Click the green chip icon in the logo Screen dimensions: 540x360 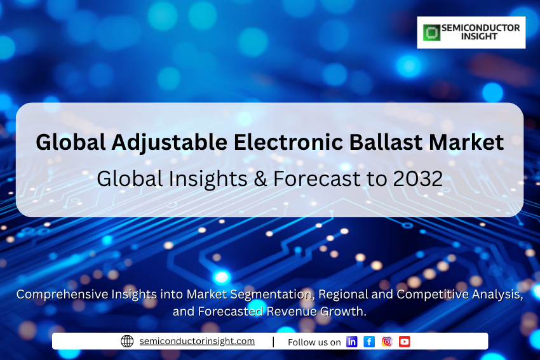point(431,32)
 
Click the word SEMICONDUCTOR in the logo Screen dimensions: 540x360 point(481,28)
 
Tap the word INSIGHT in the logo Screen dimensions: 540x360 point(479,36)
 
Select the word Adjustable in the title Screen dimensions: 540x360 point(169,143)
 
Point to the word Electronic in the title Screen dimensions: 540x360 point(288,142)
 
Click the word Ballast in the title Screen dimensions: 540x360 point(386,142)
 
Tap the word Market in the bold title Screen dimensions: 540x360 point(466,142)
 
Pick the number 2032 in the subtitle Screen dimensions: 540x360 point(418,178)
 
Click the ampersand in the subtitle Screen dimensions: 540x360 point(260,179)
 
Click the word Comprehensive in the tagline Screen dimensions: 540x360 point(62,295)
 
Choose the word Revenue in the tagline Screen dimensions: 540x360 point(292,311)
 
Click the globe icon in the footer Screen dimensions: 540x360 point(127,341)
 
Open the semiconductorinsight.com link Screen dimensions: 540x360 point(197,341)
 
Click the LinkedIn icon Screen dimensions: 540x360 point(351,342)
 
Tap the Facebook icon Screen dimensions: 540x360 point(369,342)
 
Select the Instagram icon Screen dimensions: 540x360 point(387,342)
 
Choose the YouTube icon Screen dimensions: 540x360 point(404,342)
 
